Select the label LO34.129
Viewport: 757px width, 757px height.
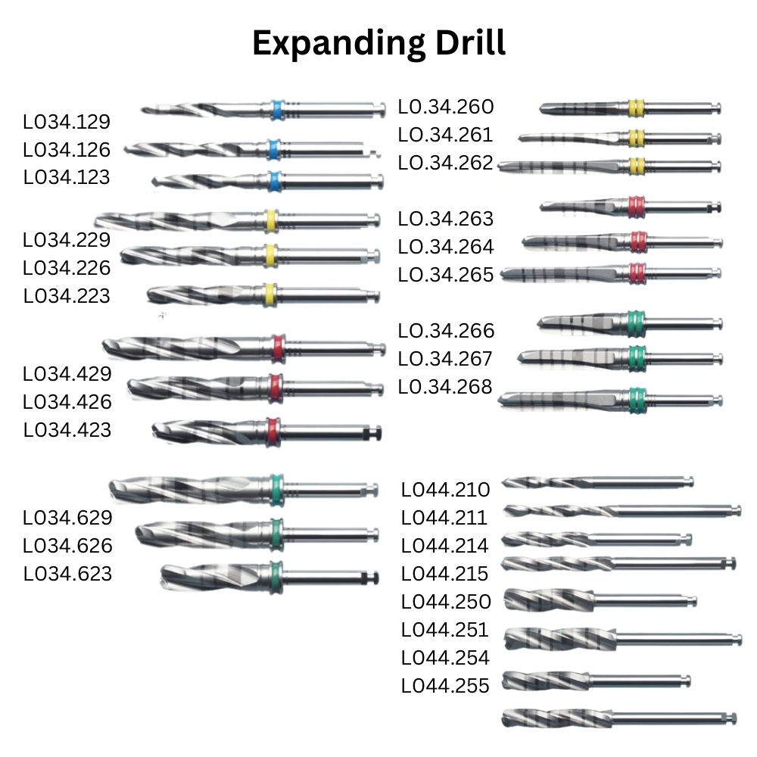tap(67, 122)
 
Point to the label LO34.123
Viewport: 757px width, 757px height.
tap(67, 177)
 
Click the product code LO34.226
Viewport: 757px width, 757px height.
tap(67, 268)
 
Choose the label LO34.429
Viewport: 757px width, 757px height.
tap(67, 374)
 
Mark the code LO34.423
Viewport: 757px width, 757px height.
tap(67, 430)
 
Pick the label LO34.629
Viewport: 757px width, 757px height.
tap(67, 518)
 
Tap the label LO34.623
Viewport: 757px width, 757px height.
tap(67, 574)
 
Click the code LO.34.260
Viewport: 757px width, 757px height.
tap(445, 107)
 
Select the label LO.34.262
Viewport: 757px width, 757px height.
tap(445, 163)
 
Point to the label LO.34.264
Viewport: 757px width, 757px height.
tap(445, 247)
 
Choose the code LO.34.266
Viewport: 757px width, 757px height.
tap(445, 331)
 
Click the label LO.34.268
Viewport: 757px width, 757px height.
tap(445, 387)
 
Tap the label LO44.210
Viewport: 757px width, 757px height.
tap(445, 490)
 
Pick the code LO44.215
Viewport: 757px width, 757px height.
tap(445, 573)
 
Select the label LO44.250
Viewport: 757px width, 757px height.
tap(445, 601)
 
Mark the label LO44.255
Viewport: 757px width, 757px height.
tap(445, 685)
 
